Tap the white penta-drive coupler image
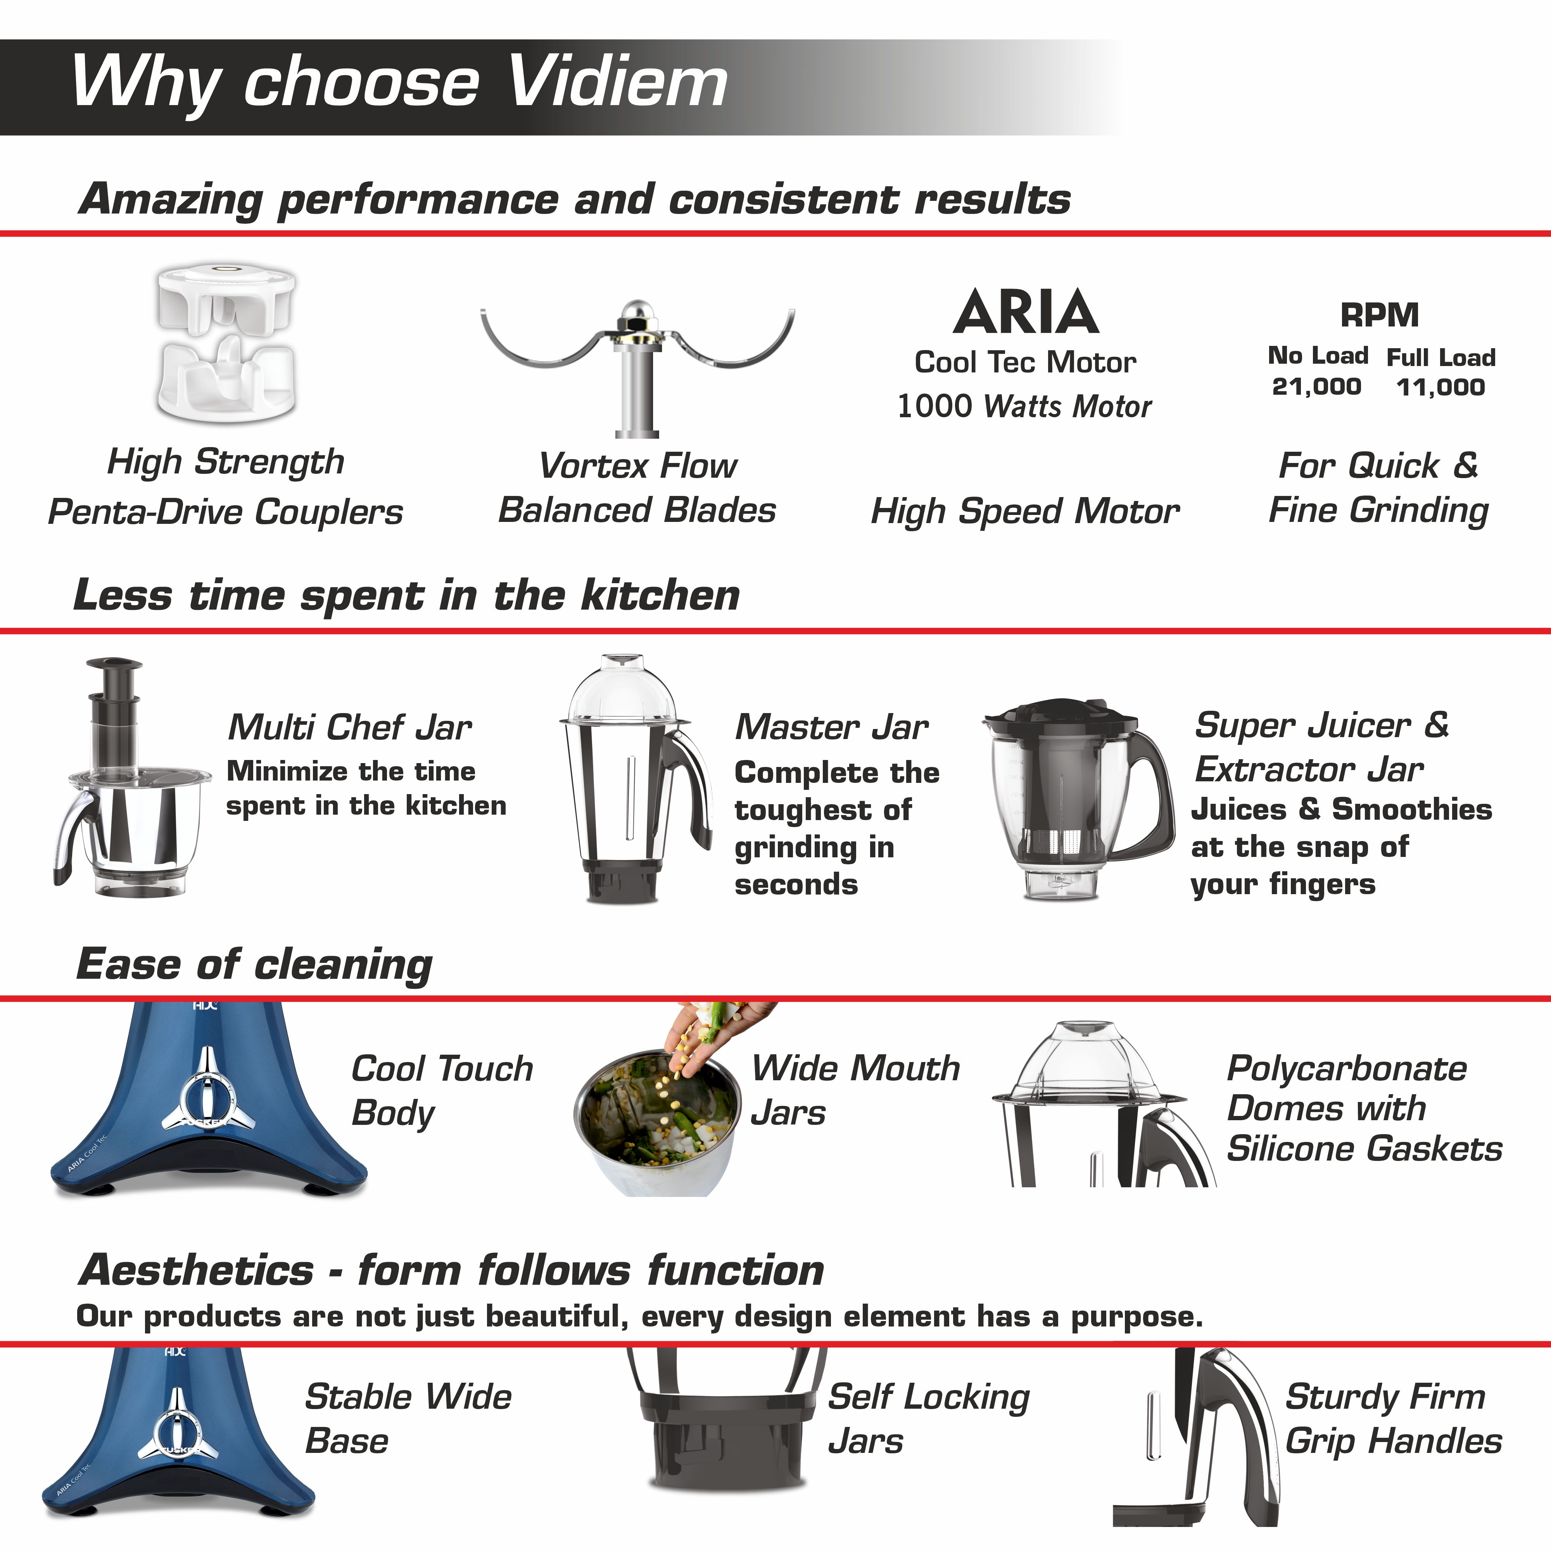[x=226, y=345]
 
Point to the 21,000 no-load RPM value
[x=1316, y=387]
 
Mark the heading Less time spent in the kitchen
[x=406, y=596]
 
